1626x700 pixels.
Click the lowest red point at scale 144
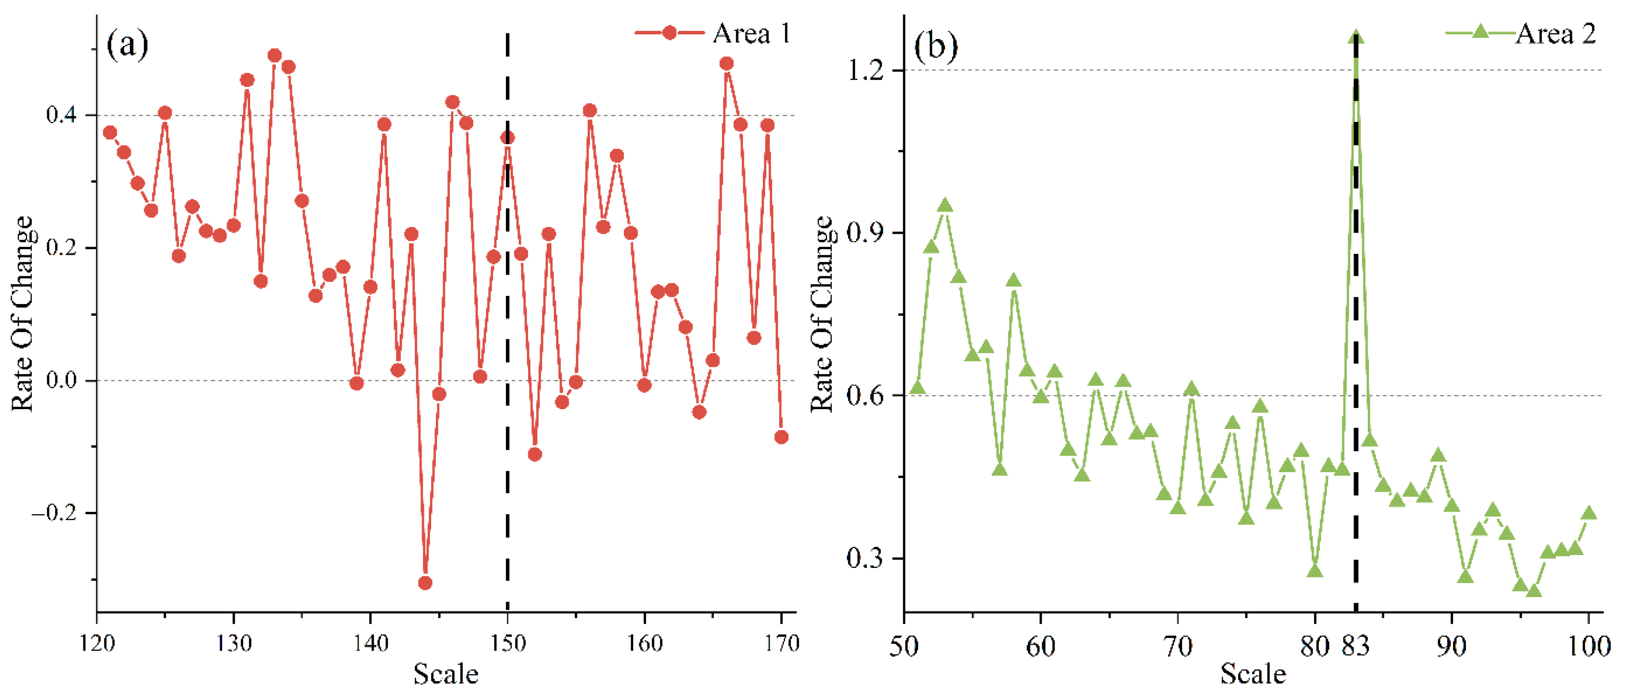click(x=425, y=582)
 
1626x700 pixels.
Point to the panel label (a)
click(x=127, y=45)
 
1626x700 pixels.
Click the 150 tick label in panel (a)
click(x=508, y=643)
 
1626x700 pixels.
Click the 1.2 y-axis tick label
click(x=865, y=70)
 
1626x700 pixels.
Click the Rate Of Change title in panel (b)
click(x=821, y=314)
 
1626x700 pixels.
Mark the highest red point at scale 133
click(x=275, y=56)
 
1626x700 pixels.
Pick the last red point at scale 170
click(x=781, y=437)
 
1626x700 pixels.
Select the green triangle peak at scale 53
click(x=945, y=205)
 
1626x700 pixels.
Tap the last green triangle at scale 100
click(x=1589, y=513)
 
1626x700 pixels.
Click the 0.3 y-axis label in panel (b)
click(x=865, y=558)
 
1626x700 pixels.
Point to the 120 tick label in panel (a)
click(x=97, y=643)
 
